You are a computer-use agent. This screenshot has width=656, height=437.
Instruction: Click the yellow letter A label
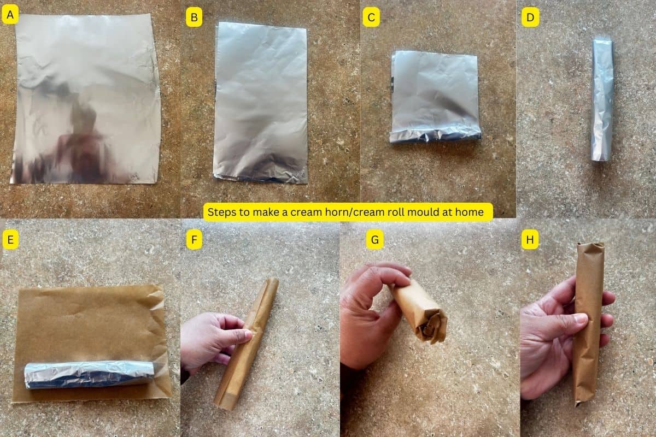pyautogui.click(x=10, y=16)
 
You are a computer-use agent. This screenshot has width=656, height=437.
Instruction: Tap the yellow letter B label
pyautogui.click(x=194, y=18)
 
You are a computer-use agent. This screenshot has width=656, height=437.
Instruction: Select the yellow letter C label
pyautogui.click(x=371, y=18)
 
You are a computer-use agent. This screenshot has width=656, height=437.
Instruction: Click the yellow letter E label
pyautogui.click(x=10, y=239)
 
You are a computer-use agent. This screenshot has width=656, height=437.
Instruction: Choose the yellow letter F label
pyautogui.click(x=194, y=239)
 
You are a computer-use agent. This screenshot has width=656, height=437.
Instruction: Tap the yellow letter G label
pyautogui.click(x=374, y=239)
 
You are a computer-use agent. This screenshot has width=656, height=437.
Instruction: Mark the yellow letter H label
pyautogui.click(x=530, y=239)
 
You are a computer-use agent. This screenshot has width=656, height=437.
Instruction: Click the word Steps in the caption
pyautogui.click(x=221, y=212)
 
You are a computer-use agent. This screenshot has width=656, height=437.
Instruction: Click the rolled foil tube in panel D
pyautogui.click(x=602, y=98)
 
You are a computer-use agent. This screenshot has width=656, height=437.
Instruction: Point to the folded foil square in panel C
pyautogui.click(x=435, y=96)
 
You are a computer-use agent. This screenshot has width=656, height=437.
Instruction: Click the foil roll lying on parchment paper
pyautogui.click(x=87, y=374)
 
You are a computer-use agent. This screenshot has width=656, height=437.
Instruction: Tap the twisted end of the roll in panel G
pyautogui.click(x=432, y=327)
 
